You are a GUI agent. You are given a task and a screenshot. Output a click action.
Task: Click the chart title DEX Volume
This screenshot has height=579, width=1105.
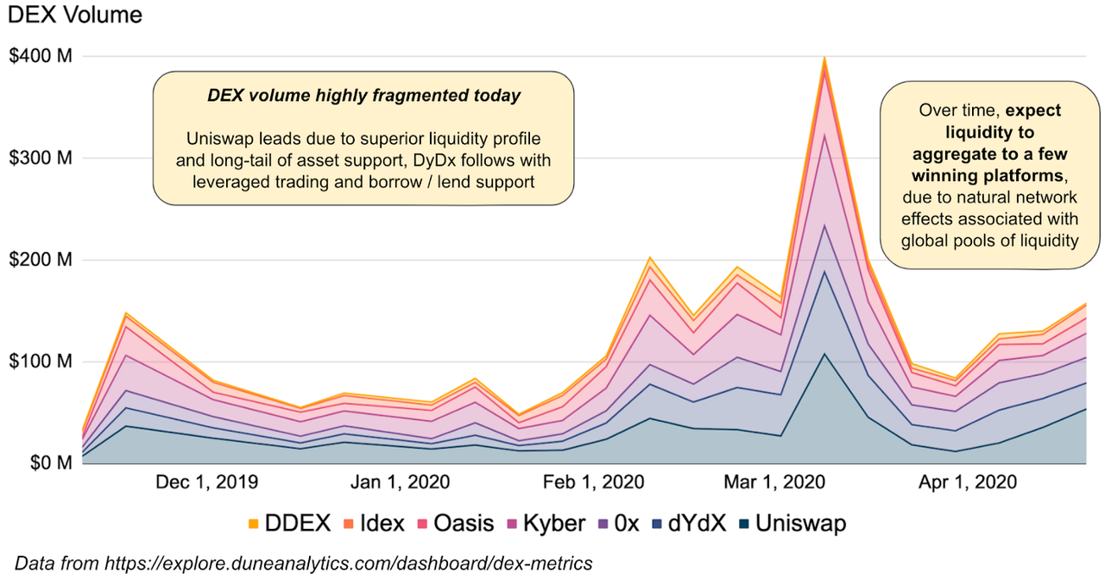(75, 15)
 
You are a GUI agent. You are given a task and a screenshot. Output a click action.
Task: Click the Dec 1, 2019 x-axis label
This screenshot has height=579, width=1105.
(206, 482)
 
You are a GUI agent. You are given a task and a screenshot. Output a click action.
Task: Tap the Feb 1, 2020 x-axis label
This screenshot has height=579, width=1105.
(594, 482)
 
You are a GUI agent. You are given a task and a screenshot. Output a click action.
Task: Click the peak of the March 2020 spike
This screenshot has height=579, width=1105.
(824, 58)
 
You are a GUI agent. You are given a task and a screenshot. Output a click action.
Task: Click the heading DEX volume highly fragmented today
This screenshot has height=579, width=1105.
(363, 96)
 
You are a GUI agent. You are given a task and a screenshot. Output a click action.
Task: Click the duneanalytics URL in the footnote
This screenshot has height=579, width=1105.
(349, 563)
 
